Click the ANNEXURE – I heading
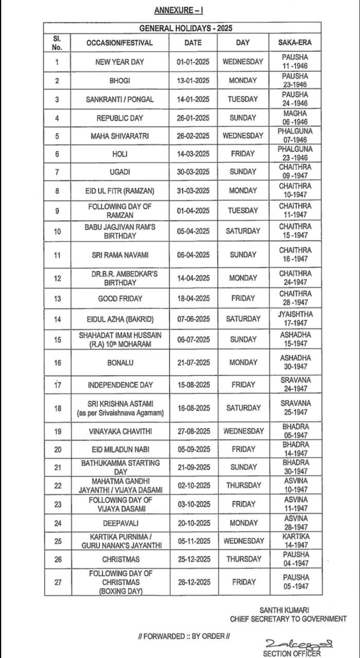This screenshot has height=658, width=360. [x=178, y=10]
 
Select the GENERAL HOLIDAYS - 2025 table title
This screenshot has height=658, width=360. [x=185, y=28]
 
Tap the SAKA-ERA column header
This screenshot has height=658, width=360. [x=295, y=43]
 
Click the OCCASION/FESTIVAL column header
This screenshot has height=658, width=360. [x=119, y=43]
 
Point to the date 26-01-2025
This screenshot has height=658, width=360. [x=193, y=118]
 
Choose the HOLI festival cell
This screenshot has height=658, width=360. [x=119, y=154]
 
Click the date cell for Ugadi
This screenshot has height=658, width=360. [x=193, y=172]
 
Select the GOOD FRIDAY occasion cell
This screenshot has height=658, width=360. [x=120, y=298]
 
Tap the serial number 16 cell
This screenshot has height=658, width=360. [x=57, y=363]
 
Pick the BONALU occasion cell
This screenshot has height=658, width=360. [x=120, y=363]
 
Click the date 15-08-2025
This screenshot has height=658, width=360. [x=193, y=385]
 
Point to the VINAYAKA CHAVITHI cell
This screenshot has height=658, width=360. [x=120, y=431]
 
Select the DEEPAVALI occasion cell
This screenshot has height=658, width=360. [x=120, y=523]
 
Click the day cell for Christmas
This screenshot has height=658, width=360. [x=243, y=559]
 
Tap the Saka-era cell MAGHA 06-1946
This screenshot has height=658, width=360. [x=295, y=118]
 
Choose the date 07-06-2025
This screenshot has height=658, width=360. [x=193, y=319]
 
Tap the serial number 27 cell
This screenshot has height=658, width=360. [x=57, y=582]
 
